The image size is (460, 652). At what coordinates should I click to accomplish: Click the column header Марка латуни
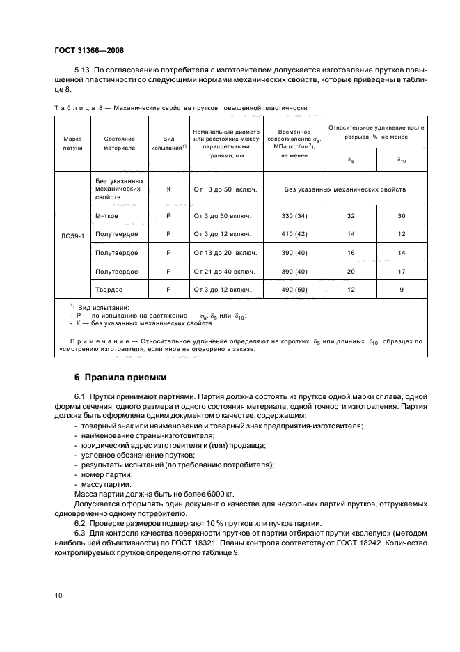[x=72, y=143]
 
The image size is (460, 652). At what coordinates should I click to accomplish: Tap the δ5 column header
[x=351, y=160]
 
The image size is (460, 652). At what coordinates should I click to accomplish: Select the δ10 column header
[x=402, y=160]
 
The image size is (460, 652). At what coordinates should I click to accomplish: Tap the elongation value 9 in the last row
[x=402, y=289]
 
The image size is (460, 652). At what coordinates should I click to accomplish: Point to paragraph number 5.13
[x=82, y=71]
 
